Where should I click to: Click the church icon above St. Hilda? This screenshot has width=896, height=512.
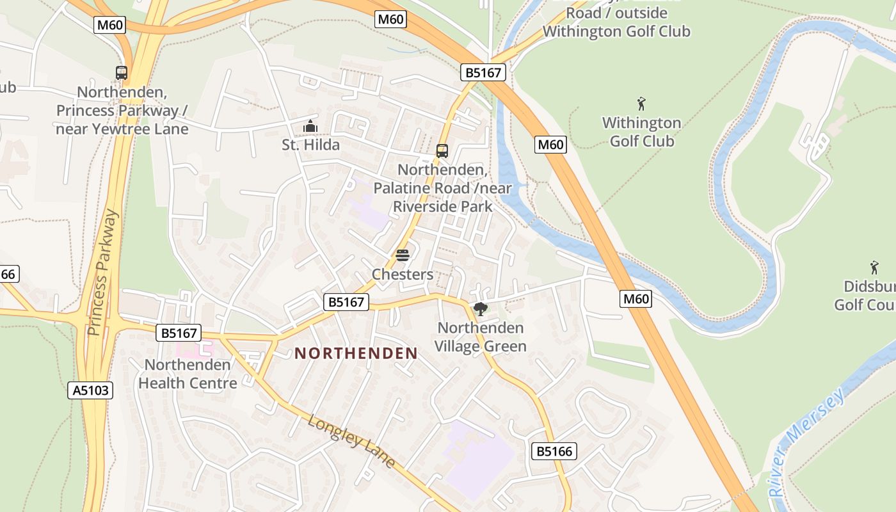coord(310,126)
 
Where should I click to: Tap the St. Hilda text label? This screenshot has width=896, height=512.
coord(310,145)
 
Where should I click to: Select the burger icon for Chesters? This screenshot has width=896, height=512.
coord(403,256)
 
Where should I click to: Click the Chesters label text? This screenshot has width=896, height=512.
coord(403,275)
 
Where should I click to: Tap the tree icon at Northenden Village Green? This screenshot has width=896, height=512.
coord(480,309)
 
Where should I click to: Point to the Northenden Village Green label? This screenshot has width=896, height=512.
coord(481,337)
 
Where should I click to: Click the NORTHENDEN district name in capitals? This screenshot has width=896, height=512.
coord(356,353)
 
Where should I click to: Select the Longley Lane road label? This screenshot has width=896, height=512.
coord(351,442)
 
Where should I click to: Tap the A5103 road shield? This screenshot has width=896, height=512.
coord(90,390)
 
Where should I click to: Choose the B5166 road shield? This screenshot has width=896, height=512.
coord(554,451)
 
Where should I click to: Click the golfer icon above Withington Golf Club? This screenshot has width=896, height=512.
coord(641,104)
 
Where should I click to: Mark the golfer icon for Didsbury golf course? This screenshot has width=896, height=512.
coord(874,268)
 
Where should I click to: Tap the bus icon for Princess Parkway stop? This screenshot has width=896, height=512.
coord(122,73)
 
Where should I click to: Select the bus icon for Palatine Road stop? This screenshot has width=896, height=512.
coord(442,151)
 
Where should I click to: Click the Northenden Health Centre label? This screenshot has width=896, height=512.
coord(188,374)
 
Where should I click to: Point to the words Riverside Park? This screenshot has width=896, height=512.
coord(443,207)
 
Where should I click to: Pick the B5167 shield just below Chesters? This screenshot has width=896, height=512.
coord(347,302)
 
